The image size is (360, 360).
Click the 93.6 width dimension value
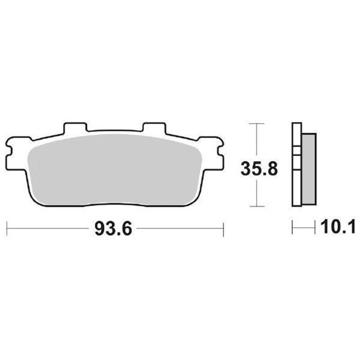[113, 229]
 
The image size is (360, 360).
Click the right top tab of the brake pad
[154, 128]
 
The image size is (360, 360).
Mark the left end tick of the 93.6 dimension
[8, 229]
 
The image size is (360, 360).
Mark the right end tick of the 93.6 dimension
[224, 229]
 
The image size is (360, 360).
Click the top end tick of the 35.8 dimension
[256, 123]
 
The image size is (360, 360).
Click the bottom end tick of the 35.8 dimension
[256, 207]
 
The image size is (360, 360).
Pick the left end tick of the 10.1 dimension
[292, 228]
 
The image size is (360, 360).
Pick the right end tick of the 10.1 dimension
[315, 228]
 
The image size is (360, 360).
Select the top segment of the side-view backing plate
[297, 135]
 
